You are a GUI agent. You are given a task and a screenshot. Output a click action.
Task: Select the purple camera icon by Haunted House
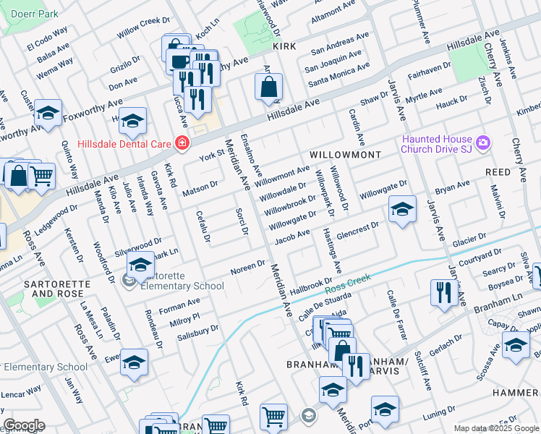[482, 143]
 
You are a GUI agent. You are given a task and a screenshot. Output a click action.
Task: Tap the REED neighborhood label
[498, 173]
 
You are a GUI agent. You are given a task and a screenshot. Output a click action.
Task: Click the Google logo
[24, 425]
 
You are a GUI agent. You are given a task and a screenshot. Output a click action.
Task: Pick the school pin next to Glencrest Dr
[402, 210]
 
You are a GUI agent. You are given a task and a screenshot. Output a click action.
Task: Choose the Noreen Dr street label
[247, 268]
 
